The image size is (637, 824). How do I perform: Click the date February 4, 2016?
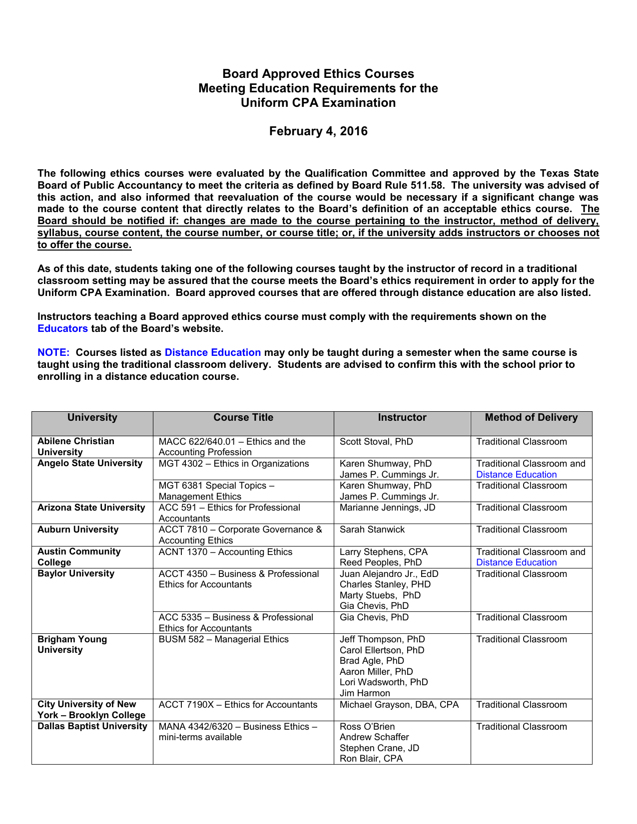[x=318, y=131]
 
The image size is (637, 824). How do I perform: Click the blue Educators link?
[x=62, y=328]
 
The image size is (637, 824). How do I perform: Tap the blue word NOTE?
[x=53, y=352]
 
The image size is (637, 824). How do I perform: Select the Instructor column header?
[x=402, y=418]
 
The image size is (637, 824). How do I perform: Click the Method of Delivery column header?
[x=531, y=418]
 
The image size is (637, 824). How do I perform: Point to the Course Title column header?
[x=243, y=418]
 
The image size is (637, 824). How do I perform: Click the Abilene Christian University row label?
[x=76, y=447]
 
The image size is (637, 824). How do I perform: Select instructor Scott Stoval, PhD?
[x=376, y=442]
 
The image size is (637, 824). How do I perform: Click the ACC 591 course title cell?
[x=229, y=513]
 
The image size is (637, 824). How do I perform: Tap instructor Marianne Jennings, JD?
[x=387, y=508]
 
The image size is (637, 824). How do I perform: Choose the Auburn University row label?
[x=78, y=530]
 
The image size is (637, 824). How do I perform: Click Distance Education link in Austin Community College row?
[x=516, y=562]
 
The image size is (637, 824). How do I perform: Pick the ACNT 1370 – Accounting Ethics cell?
[x=225, y=552]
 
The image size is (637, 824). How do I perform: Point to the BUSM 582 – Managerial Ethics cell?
[x=223, y=639]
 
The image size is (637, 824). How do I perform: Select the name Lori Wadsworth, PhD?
[x=384, y=682]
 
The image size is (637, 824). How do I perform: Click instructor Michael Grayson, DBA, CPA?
[x=399, y=705]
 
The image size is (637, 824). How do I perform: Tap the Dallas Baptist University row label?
[x=92, y=726]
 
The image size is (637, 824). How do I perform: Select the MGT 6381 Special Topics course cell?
[x=217, y=491]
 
